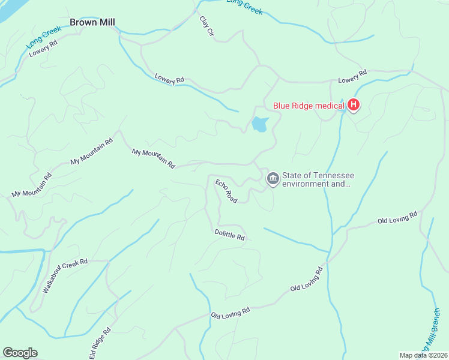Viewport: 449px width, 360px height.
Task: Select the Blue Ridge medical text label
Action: [309, 106]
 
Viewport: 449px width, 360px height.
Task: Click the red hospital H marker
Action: [354, 106]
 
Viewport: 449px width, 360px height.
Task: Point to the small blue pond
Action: [259, 124]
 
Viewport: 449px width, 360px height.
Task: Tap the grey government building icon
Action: [273, 178]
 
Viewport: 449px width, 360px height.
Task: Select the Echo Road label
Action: [226, 191]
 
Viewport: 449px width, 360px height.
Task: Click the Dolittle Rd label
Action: [230, 235]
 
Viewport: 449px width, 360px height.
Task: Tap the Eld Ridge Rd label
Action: [100, 344]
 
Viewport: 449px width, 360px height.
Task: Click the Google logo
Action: [20, 353]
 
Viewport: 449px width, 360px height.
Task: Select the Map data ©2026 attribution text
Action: [423, 355]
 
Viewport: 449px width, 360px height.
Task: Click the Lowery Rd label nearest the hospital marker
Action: [352, 76]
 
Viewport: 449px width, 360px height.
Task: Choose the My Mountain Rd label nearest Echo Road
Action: [153, 158]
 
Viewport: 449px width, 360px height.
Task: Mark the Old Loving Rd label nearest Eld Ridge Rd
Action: [230, 313]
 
